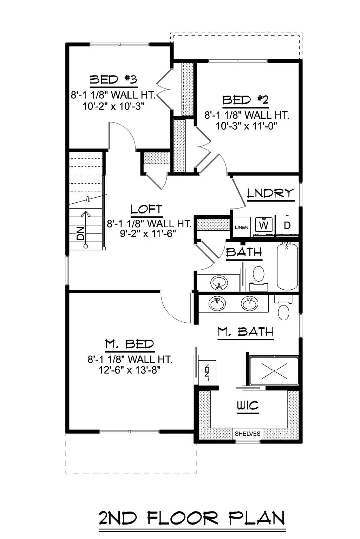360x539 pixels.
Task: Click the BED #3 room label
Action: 113,80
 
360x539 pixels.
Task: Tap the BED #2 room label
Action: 246,100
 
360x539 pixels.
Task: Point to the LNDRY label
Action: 270,193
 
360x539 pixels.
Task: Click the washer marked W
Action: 264,225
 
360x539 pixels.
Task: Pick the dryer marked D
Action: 287,225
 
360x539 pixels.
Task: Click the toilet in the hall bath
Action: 259,274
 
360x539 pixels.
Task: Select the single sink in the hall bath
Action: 219,282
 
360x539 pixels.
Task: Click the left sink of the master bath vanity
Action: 217,304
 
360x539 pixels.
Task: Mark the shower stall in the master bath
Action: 274,370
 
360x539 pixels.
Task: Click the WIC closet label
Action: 248,406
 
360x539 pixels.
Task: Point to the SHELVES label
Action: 248,434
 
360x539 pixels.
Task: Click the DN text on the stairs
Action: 80,233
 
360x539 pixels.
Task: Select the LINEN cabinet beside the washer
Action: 241,227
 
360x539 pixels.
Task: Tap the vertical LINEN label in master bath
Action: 207,373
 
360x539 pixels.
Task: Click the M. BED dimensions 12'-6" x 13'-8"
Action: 130,370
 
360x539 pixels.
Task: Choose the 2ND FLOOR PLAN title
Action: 192,518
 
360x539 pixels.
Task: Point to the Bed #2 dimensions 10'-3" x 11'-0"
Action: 247,126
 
